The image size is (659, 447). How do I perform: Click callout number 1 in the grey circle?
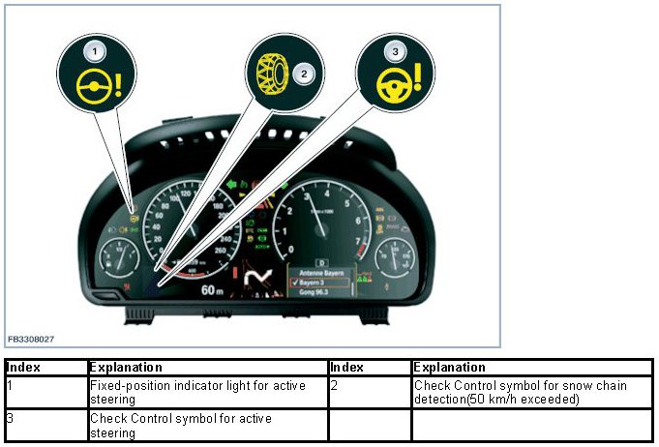(x=94, y=49)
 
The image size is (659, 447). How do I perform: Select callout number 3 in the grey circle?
(x=394, y=50)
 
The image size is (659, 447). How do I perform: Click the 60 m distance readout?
(x=213, y=290)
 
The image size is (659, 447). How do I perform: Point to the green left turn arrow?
(x=229, y=183)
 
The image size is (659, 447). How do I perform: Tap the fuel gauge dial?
(x=118, y=258)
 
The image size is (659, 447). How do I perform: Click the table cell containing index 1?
(x=45, y=392)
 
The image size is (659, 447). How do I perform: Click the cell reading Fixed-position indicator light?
(x=207, y=392)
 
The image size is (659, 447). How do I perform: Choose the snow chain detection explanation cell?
(x=531, y=392)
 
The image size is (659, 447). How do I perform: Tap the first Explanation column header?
(x=126, y=368)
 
